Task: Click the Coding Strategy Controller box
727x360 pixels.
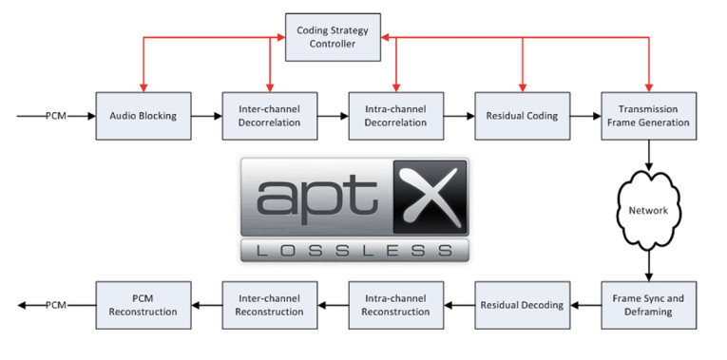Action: coord(333,36)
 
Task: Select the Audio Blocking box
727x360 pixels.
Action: coord(143,116)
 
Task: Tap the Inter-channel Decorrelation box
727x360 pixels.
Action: coord(270,116)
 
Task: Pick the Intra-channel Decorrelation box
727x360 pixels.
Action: coord(396,116)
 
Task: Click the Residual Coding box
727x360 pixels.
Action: coord(522,116)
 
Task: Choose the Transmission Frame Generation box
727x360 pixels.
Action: coord(646,116)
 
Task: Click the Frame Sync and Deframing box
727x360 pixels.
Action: coord(646,305)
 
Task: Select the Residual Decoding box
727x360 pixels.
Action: coord(522,305)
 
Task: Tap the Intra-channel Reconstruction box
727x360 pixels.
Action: coord(396,305)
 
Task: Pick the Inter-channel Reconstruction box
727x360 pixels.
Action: coord(270,305)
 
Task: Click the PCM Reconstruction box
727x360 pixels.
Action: coord(143,305)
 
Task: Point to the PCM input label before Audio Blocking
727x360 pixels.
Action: coord(56,116)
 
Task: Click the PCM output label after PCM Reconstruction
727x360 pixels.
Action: coord(56,305)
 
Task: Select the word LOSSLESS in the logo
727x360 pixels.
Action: coord(354,250)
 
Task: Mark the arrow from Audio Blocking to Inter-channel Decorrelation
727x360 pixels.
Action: coord(206,116)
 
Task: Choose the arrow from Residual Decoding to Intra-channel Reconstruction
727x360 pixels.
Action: coord(459,305)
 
